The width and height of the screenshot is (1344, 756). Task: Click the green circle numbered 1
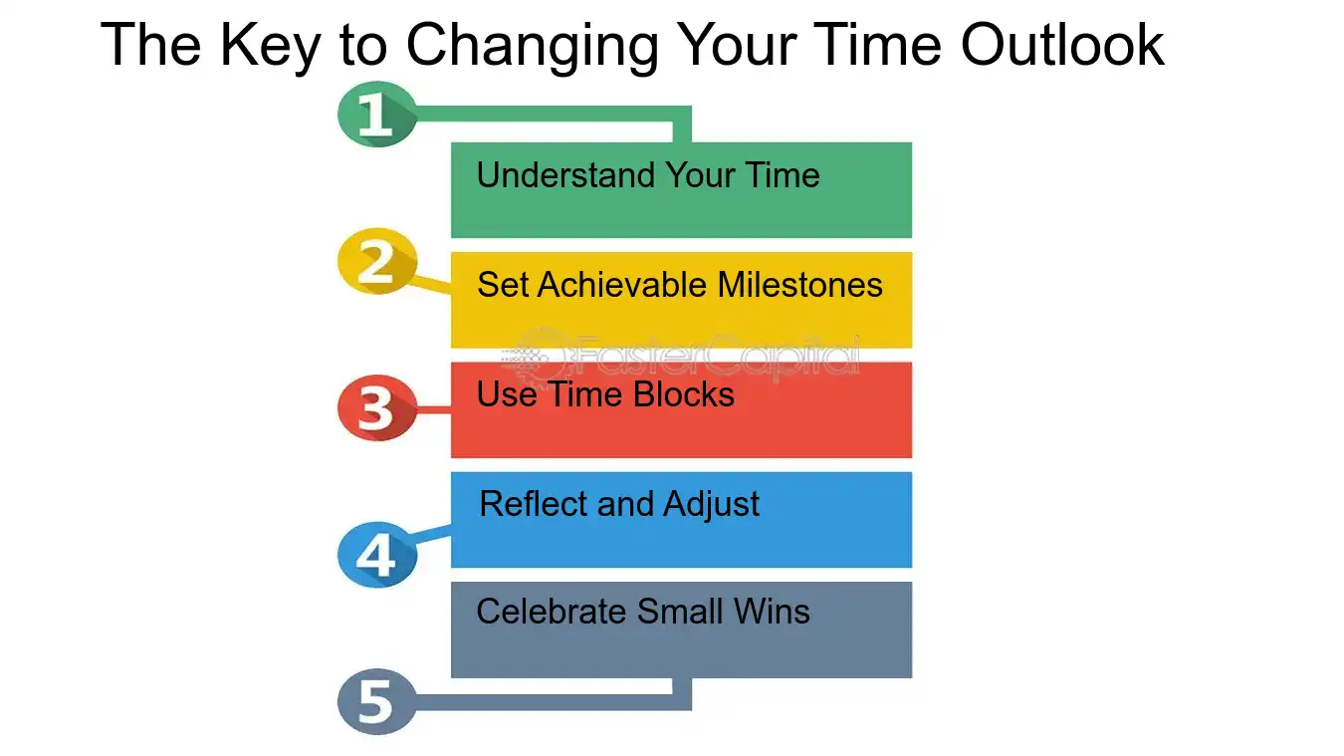pyautogui.click(x=376, y=115)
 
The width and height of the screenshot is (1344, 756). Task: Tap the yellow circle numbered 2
pyautogui.click(x=376, y=263)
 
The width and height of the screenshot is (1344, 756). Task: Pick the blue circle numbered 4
pyautogui.click(x=376, y=555)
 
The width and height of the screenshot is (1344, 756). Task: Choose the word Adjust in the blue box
pyautogui.click(x=711, y=505)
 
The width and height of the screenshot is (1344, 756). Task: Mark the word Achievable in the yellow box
pyautogui.click(x=623, y=286)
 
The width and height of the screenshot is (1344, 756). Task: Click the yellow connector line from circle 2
pyautogui.click(x=434, y=284)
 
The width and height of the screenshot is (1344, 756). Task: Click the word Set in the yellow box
pyautogui.click(x=503, y=286)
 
